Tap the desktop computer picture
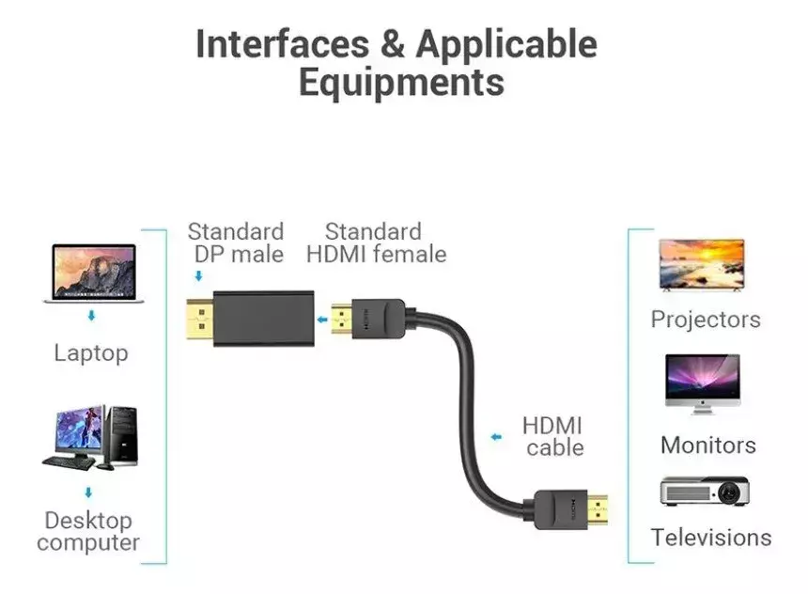(x=92, y=438)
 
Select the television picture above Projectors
(x=702, y=264)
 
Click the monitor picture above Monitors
(x=702, y=383)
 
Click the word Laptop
(x=91, y=353)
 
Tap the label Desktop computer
(x=89, y=531)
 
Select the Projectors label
(x=706, y=320)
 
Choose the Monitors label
(x=707, y=445)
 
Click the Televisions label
(x=711, y=538)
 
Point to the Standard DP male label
(x=235, y=242)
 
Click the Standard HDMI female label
(x=376, y=242)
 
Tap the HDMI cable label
(x=553, y=436)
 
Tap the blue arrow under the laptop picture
(x=91, y=317)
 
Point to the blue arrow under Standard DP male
(x=198, y=276)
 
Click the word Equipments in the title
(x=401, y=82)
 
